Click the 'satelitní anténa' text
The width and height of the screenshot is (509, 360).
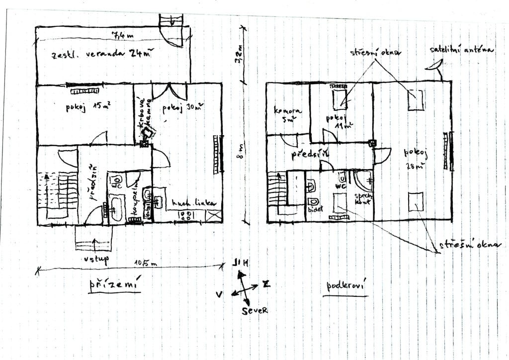pos(462,51)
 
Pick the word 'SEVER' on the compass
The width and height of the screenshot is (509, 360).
pos(255,310)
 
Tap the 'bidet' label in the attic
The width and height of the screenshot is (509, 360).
pos(315,209)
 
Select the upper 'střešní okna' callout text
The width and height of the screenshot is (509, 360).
pos(375,52)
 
